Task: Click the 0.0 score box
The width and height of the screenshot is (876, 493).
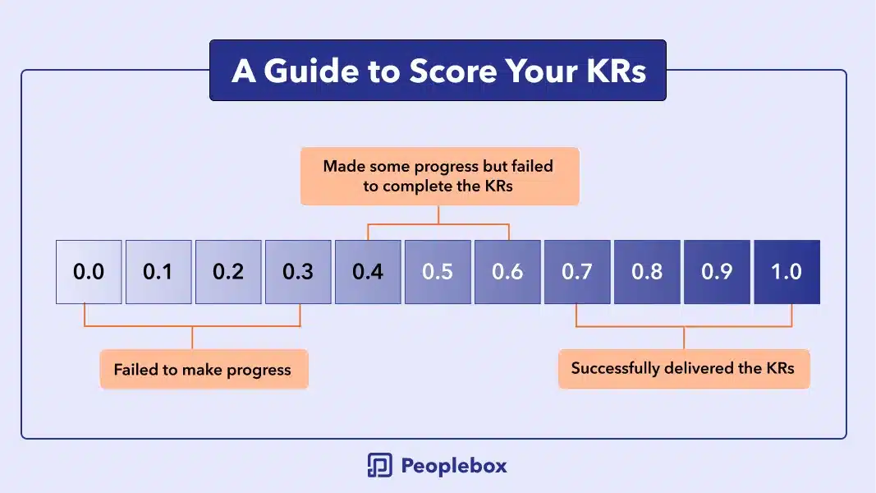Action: [89, 272]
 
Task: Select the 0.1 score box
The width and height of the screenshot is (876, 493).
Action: [158, 272]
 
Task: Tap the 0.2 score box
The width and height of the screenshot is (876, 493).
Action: [228, 272]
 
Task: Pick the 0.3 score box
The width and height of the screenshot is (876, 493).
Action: [298, 272]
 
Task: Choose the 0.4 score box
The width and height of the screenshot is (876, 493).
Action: [368, 272]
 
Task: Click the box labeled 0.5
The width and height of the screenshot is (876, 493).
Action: [438, 272]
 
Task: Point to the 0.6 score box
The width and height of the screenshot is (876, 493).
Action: [508, 272]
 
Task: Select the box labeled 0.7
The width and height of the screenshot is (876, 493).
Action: [578, 272]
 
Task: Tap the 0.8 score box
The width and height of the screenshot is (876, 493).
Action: [648, 272]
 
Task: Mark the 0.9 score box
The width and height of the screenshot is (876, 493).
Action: [718, 272]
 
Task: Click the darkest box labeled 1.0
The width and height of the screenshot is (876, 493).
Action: [787, 272]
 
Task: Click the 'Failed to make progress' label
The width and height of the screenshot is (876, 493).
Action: [204, 369]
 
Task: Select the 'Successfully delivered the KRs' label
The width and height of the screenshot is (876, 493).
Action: [684, 368]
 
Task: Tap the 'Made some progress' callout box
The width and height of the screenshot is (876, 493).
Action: [440, 176]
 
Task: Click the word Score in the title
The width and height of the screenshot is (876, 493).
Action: [453, 71]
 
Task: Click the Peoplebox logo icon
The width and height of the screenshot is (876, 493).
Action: [380, 465]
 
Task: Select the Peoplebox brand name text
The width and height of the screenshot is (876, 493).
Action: [454, 466]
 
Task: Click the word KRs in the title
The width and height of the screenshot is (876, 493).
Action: [616, 71]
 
